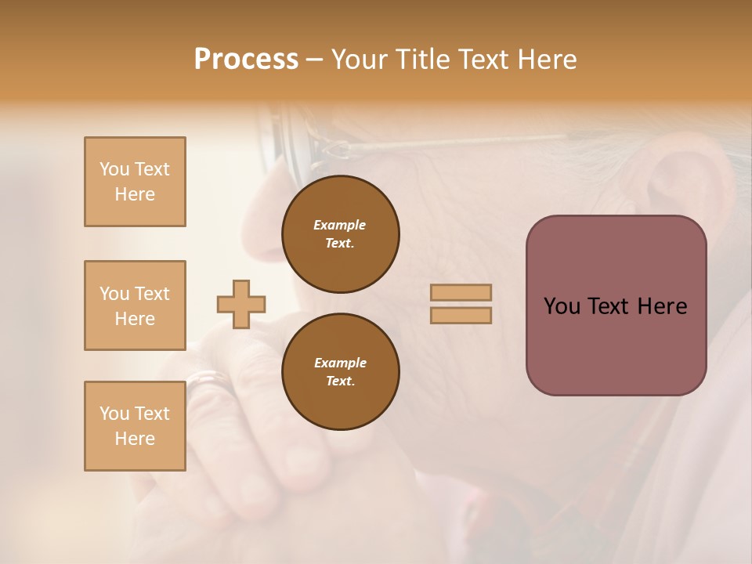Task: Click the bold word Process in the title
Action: (246, 60)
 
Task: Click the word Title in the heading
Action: (421, 60)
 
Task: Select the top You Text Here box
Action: (135, 182)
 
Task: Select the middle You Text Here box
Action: (135, 305)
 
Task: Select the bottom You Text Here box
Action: (135, 426)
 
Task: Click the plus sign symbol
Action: (241, 304)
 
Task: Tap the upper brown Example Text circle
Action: (341, 234)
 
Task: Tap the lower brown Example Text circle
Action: (341, 372)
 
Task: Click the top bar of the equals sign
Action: (461, 292)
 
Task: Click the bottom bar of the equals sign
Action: (461, 316)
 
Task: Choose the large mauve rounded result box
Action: (616, 305)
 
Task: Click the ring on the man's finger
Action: (208, 381)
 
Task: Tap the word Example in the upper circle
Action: (340, 225)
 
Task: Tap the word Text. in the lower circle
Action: (340, 381)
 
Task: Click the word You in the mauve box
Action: (562, 306)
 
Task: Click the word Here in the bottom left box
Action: (135, 439)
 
